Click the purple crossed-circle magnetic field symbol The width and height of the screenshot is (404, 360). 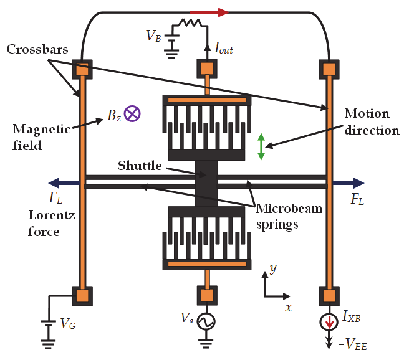click(132, 113)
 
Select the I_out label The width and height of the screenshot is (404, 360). click(223, 49)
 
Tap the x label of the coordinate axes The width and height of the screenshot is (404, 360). click(287, 307)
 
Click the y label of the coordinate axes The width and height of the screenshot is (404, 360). click(272, 268)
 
